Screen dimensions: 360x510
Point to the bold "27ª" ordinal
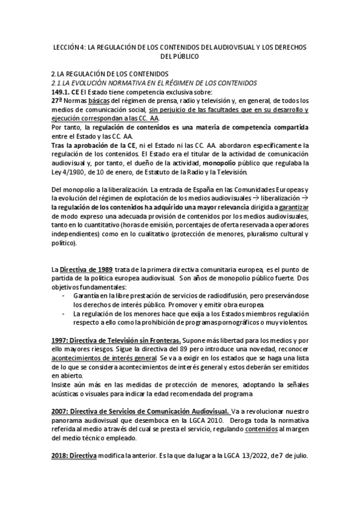tap(57, 101)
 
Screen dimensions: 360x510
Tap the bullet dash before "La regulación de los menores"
tap(64, 314)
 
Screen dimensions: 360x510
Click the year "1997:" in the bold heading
tap(63, 340)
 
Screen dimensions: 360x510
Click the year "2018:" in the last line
tap(63, 456)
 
